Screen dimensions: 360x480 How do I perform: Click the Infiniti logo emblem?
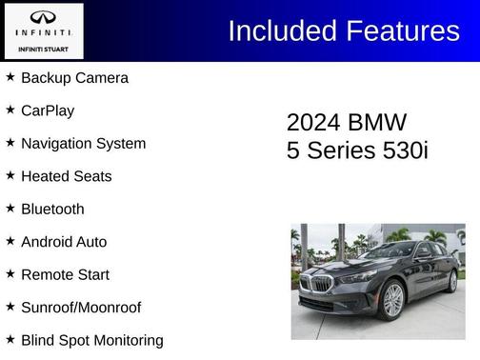[x=43, y=17]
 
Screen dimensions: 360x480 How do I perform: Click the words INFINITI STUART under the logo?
[x=43, y=48]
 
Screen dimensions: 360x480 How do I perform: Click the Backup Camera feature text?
[x=74, y=78]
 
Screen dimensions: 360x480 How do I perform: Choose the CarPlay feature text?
[x=48, y=110]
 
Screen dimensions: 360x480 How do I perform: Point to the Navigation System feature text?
[x=83, y=144]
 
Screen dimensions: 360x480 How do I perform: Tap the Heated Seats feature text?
[x=66, y=176]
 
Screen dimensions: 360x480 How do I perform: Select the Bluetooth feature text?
[x=52, y=210]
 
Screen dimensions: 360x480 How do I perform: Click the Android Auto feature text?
[x=64, y=242]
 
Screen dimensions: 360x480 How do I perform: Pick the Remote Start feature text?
[x=65, y=275]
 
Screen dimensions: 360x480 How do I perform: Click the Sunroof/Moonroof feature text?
[x=81, y=308]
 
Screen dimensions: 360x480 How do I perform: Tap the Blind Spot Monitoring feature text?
[x=91, y=340]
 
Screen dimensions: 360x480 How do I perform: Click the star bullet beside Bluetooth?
[x=10, y=208]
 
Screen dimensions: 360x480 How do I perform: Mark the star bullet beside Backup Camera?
[x=10, y=76]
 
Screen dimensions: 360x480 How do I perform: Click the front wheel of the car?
[x=392, y=301]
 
